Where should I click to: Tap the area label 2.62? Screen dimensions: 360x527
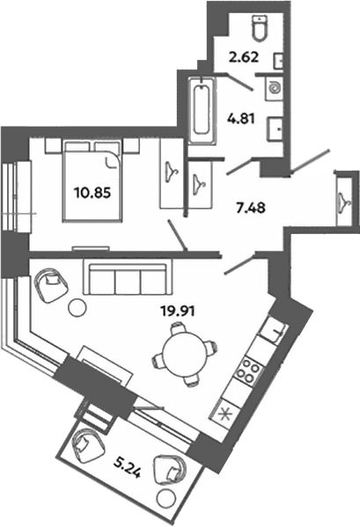243,57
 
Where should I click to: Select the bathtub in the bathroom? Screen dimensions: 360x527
202,111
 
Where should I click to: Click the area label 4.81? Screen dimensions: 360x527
240,119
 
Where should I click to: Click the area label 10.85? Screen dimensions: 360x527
92,193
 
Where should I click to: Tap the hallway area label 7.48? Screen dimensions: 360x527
251,208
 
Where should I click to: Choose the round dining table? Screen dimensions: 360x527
185,353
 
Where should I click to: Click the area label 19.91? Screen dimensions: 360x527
178,311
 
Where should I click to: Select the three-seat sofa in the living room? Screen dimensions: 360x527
125,279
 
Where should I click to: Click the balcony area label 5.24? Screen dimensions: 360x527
127,467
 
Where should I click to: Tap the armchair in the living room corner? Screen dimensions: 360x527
51,285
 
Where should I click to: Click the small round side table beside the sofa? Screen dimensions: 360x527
77,307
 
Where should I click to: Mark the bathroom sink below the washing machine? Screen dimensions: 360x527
276,129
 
